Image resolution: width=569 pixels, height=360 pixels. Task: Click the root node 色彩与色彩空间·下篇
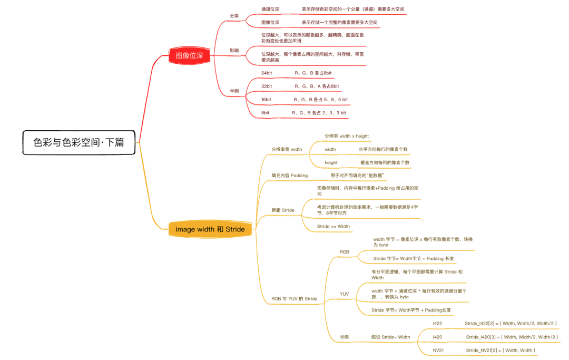[79, 142]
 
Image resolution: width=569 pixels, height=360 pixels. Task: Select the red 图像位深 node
[189, 55]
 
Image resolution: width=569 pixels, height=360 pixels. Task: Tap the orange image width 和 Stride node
[210, 229]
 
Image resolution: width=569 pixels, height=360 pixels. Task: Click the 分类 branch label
[234, 16]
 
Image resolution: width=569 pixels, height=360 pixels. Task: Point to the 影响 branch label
[234, 51]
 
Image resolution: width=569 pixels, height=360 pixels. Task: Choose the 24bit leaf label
[267, 73]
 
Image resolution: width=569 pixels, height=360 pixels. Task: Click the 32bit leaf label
[267, 86]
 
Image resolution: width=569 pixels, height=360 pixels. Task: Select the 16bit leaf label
[266, 99]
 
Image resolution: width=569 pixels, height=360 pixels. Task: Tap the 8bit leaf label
[265, 113]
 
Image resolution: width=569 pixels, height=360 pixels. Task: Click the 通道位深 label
[270, 9]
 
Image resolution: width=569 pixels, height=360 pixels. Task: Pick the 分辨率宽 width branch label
[287, 149]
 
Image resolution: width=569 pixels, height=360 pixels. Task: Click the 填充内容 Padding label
[289, 175]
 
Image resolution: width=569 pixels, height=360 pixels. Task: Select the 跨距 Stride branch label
[282, 210]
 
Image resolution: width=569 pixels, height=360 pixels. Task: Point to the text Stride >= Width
[333, 227]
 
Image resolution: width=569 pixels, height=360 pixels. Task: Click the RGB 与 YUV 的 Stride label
[294, 299]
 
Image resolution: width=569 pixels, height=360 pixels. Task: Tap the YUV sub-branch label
[344, 294]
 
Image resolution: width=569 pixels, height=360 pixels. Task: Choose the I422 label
[437, 323]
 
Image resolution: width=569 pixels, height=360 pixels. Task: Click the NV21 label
[438, 350]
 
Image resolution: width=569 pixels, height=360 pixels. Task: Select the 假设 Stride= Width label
[390, 337]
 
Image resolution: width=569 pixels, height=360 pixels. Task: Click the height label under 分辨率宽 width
[331, 163]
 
